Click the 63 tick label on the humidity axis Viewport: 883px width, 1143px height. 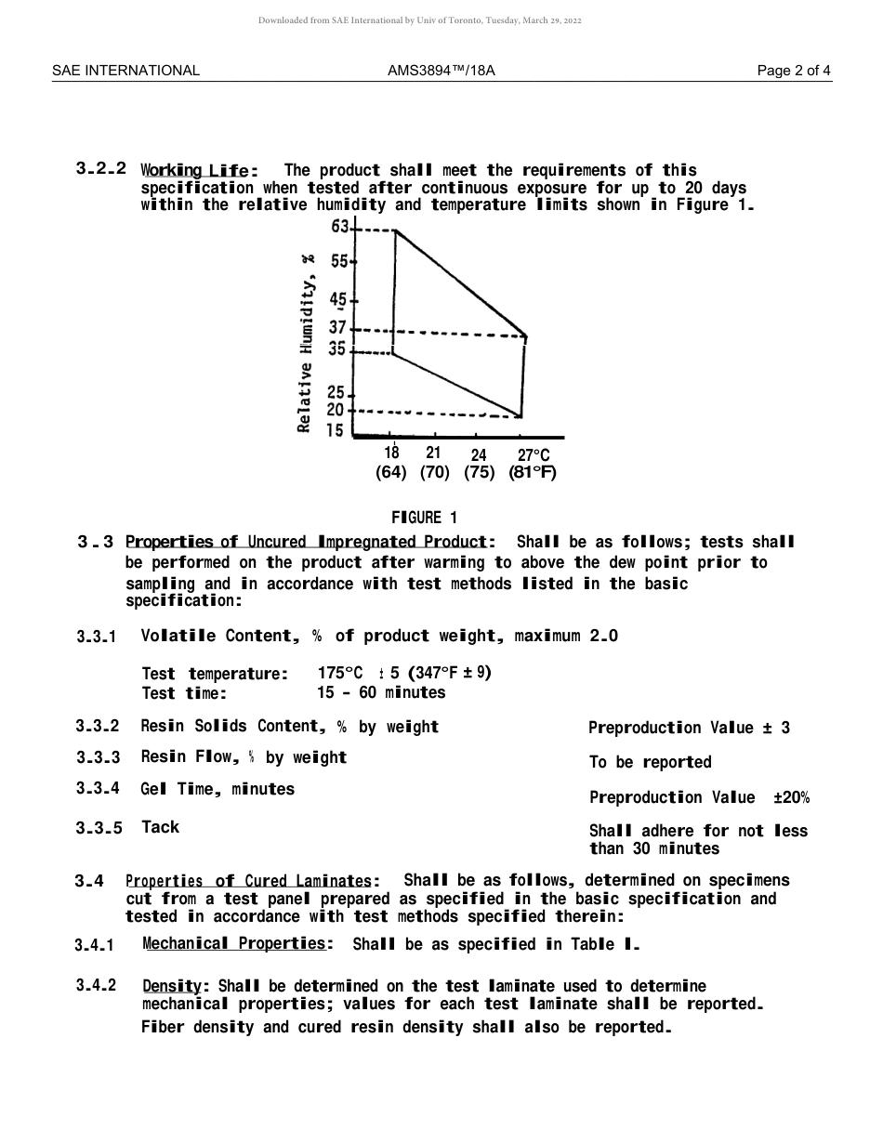pyautogui.click(x=339, y=227)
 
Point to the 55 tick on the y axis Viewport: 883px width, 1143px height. pyautogui.click(x=339, y=262)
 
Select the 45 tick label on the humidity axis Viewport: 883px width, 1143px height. pyautogui.click(x=337, y=299)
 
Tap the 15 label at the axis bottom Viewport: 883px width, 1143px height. pyautogui.click(x=335, y=431)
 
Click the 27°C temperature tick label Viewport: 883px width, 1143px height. pyautogui.click(x=534, y=455)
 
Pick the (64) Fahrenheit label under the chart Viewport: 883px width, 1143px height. pyautogui.click(x=391, y=473)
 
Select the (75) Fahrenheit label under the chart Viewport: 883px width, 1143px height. pyautogui.click(x=479, y=473)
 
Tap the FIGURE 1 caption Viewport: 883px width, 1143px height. pyautogui.click(x=424, y=518)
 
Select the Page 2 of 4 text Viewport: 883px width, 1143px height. pyautogui.click(x=794, y=71)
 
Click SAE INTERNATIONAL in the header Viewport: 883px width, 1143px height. pyautogui.click(x=125, y=71)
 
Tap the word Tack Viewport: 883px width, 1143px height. pyautogui.click(x=160, y=827)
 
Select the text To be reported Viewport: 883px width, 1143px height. pyautogui.click(x=650, y=763)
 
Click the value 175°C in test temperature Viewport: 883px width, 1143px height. pyautogui.click(x=339, y=674)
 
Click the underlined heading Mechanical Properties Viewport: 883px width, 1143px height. pyautogui.click(x=237, y=944)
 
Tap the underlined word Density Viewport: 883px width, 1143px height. pyautogui.click(x=176, y=986)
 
